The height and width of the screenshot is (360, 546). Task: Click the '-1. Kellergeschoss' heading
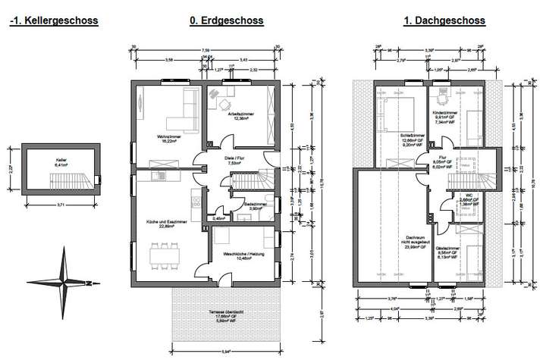(x=54, y=22)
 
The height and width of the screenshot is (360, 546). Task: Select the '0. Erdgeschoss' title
(x=227, y=22)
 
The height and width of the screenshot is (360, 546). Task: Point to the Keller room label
(x=61, y=161)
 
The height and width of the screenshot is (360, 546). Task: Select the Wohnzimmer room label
(x=167, y=139)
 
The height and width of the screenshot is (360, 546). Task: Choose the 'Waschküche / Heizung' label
(x=243, y=255)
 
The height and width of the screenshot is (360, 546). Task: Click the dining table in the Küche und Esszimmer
(x=161, y=254)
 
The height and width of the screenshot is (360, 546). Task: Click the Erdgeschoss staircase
(x=250, y=184)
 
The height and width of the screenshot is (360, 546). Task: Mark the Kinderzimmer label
(x=444, y=118)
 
